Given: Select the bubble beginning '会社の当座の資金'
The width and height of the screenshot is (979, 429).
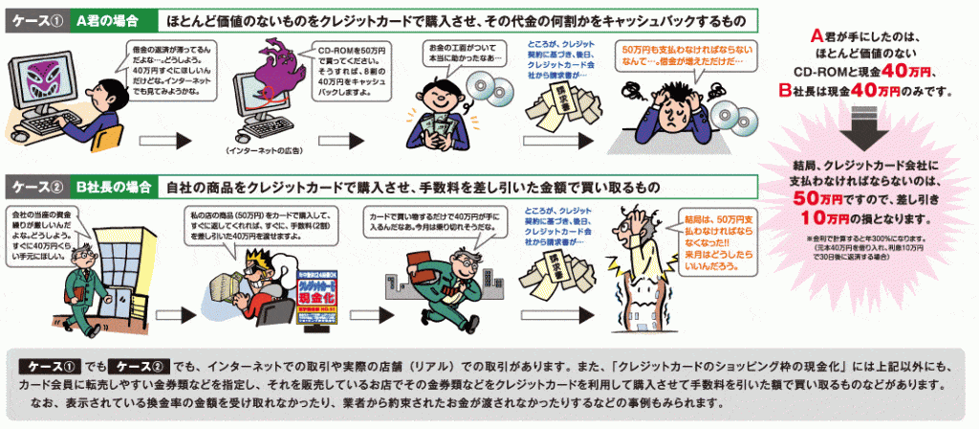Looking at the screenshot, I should pos(44,233).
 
